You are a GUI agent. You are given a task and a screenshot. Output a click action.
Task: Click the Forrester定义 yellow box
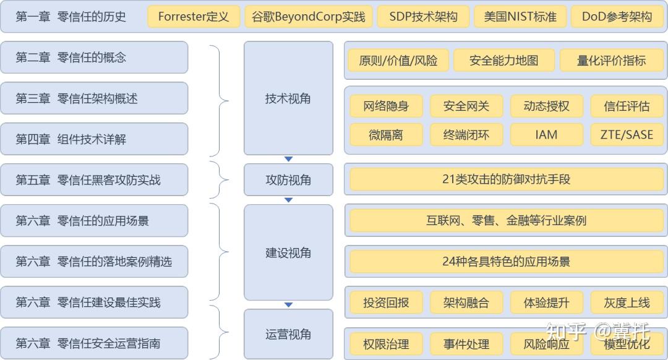(194, 17)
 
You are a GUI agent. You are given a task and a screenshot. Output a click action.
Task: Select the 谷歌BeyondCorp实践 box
(309, 17)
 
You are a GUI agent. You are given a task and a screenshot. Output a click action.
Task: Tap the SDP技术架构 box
(424, 17)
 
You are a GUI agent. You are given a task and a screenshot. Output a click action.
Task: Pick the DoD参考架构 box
(617, 17)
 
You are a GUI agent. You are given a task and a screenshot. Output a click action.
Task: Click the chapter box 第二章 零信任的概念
(95, 58)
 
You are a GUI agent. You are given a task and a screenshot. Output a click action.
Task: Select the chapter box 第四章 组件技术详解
(95, 139)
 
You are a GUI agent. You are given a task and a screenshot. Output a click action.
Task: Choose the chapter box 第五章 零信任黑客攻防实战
(95, 180)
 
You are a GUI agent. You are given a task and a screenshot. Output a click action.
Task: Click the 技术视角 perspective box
(288, 98)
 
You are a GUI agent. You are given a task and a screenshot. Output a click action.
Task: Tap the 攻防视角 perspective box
(288, 180)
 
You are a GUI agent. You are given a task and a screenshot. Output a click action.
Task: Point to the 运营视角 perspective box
(288, 335)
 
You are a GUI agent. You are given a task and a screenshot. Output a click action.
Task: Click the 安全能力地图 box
(503, 61)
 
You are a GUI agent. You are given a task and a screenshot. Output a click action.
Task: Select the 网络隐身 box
(386, 106)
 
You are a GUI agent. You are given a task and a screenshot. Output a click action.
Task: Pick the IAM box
(546, 134)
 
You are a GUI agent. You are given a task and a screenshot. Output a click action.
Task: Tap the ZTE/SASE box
(627, 134)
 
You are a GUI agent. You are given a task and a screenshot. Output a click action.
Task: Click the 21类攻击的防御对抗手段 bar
(506, 179)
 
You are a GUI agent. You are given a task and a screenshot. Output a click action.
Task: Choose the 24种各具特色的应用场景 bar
(506, 261)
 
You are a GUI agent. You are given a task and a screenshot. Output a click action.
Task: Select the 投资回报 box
(386, 302)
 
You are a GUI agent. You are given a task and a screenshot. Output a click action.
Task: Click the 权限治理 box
(386, 344)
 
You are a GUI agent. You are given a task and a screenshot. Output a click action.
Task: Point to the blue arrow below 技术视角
(288, 159)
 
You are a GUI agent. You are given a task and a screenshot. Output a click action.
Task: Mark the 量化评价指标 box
(611, 61)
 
